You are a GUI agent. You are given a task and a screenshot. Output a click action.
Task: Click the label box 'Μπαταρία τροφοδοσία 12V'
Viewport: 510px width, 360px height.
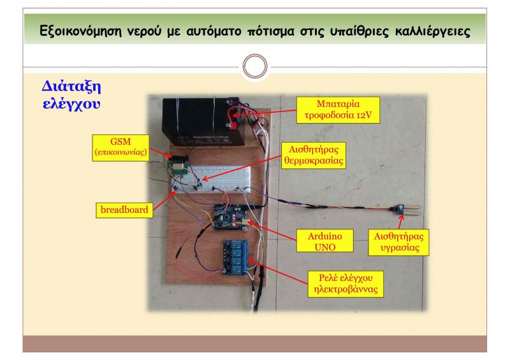point(337,110)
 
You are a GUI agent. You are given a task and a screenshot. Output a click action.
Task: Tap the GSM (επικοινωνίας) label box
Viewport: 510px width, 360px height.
point(120,146)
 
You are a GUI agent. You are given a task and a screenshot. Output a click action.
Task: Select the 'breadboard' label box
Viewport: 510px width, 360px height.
point(124,209)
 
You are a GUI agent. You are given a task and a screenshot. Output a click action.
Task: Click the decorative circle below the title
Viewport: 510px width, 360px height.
point(254,66)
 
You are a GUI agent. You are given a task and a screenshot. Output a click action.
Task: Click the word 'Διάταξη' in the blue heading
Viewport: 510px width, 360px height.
point(73,86)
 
